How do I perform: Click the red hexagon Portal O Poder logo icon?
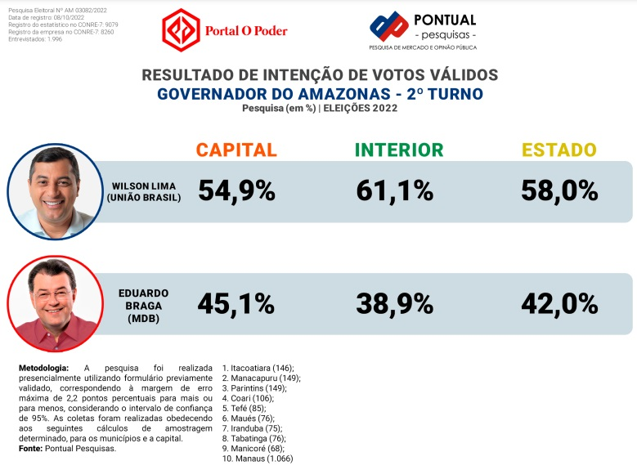pos(182,30)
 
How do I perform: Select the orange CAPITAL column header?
pos(236,150)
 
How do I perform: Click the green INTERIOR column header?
pos(399,150)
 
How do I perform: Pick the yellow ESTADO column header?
pos(559,150)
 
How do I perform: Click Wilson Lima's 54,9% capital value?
pos(236,191)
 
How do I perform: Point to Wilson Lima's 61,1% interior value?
pos(395,191)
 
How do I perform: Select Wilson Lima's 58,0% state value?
pos(559,191)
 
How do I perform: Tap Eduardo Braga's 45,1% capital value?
pos(236,304)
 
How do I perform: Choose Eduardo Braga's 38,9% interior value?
pos(395,304)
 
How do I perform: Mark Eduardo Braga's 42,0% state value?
pos(559,304)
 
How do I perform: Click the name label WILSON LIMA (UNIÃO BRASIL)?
pos(144,191)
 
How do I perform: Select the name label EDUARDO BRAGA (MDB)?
pos(143,304)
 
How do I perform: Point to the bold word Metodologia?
pos(44,369)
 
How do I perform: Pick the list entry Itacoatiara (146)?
pos(258,369)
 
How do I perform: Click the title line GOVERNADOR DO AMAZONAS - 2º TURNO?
pos(320,94)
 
